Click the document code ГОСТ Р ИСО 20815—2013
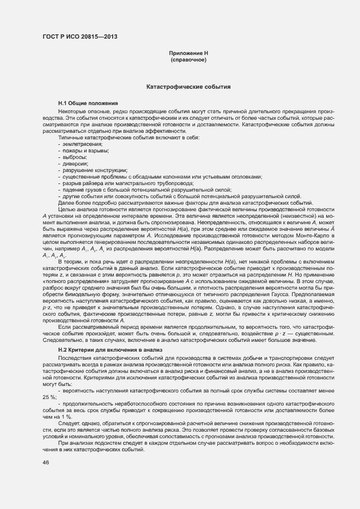coord(79,37)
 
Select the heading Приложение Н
coord(188,53)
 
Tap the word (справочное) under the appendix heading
coord(188,59)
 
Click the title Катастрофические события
coord(188,87)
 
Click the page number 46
coord(46,463)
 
